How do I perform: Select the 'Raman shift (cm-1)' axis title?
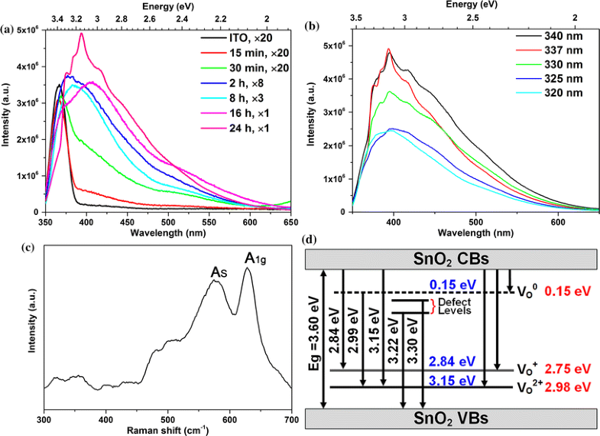coord(167,431)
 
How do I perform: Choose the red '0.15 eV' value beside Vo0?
coord(572,292)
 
